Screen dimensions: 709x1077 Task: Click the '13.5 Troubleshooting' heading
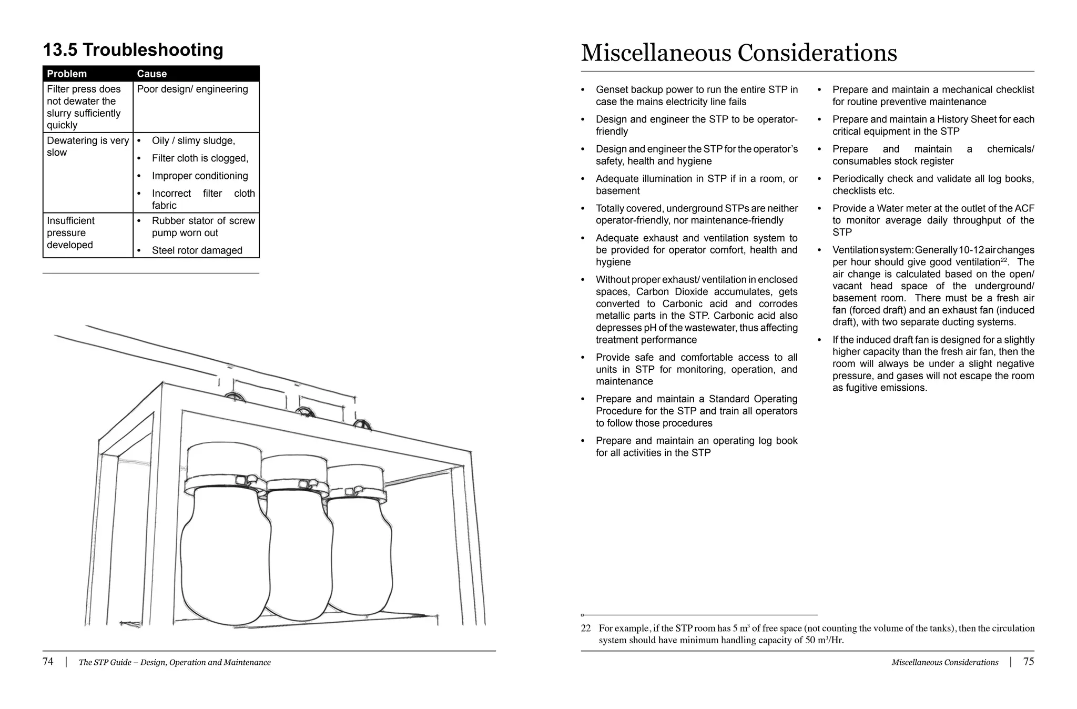133,50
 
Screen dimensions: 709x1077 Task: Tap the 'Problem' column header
67,74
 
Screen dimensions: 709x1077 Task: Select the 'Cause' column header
152,74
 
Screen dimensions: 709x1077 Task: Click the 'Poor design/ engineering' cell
192,89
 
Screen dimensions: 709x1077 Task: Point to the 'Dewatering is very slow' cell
87,147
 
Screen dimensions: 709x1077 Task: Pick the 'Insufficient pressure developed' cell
70,233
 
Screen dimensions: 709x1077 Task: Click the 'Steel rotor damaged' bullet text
197,251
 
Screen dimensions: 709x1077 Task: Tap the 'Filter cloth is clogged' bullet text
200,158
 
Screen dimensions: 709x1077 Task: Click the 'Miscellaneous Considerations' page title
739,53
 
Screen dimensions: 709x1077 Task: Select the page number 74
48,662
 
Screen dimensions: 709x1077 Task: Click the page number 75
1029,662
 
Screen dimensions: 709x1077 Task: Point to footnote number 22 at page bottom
586,629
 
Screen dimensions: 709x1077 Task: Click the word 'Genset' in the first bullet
612,90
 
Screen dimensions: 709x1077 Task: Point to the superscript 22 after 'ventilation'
1004,260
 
